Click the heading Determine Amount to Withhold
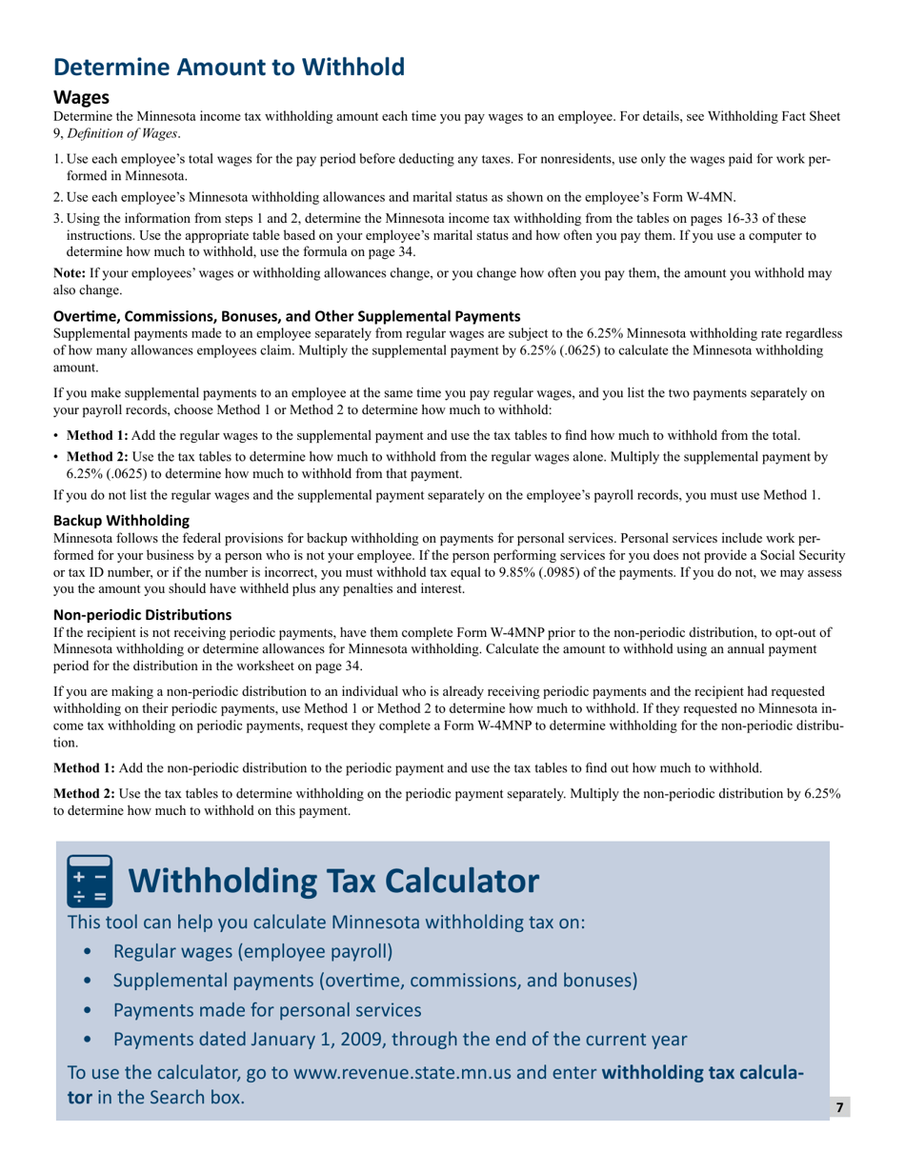point(229,67)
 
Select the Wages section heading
point(81,98)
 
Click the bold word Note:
point(70,273)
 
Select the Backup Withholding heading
point(120,521)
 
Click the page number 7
point(838,1107)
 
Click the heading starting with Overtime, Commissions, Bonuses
point(286,316)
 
